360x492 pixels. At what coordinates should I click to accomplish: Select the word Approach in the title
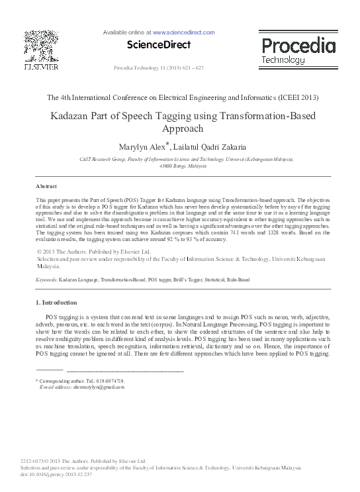pos(180,129)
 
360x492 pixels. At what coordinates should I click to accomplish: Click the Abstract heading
pos(46,186)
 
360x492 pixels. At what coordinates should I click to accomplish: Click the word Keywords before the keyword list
pos(46,281)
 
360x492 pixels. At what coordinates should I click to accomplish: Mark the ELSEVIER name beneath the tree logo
pos(41,67)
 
